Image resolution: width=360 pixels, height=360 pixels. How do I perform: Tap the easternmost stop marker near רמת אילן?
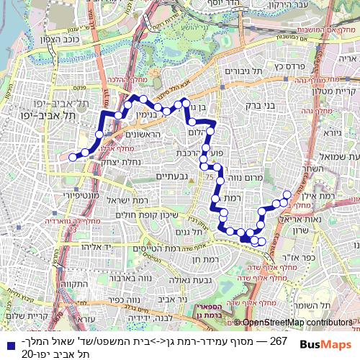(x=287, y=194)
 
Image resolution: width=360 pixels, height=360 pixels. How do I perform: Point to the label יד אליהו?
(x=89, y=246)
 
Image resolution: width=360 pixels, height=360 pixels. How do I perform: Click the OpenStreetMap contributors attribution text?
(x=297, y=323)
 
